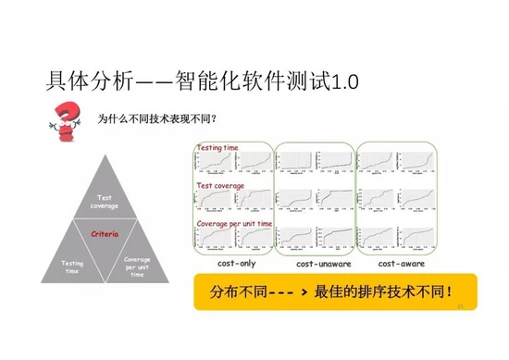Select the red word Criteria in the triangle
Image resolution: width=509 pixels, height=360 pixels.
pyautogui.click(x=104, y=235)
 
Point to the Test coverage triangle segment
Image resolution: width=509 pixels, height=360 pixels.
pyautogui.click(x=104, y=199)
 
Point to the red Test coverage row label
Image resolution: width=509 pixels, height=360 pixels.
pyautogui.click(x=220, y=185)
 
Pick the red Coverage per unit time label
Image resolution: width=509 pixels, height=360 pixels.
pyautogui.click(x=234, y=223)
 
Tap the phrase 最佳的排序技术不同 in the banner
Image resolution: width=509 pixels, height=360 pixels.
pyautogui.click(x=388, y=294)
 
